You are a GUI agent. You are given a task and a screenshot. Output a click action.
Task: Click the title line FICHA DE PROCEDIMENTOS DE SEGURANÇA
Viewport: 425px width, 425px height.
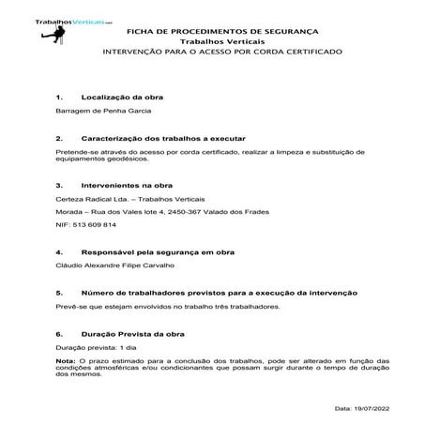pos(222,32)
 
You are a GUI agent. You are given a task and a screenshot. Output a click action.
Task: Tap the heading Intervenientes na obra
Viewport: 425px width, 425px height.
pos(128,185)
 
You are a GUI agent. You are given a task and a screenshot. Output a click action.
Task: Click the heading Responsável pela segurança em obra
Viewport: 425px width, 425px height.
pos(159,252)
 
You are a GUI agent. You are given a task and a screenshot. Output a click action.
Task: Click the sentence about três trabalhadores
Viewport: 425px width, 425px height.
pos(169,306)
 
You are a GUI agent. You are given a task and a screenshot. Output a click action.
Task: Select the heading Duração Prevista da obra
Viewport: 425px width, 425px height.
pos(133,334)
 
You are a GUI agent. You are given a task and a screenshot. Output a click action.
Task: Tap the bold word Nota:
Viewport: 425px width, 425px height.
pos(66,358)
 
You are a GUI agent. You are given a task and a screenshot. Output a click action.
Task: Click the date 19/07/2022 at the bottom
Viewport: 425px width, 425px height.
pos(388,409)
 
